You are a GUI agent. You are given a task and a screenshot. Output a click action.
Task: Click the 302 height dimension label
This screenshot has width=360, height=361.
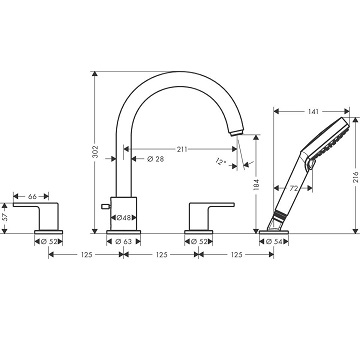pyautogui.click(x=95, y=152)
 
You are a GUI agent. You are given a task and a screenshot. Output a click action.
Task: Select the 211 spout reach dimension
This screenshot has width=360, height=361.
pyautogui.click(x=182, y=149)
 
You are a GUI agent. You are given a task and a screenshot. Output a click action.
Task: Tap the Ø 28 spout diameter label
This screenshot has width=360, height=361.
pyautogui.click(x=156, y=159)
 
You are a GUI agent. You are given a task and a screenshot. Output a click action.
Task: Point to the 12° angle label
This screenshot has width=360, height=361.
pyautogui.click(x=221, y=162)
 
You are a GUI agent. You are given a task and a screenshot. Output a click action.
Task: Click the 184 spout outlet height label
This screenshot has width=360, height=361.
pyautogui.click(x=256, y=186)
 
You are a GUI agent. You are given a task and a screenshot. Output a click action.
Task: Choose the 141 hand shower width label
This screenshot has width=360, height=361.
pyautogui.click(x=313, y=112)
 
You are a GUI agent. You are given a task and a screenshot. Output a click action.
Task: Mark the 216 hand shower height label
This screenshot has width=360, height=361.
pyautogui.click(x=356, y=177)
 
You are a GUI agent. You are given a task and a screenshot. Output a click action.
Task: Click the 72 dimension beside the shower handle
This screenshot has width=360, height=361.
pyautogui.click(x=293, y=189)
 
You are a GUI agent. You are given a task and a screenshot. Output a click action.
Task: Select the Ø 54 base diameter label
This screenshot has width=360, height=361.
pyautogui.click(x=274, y=242)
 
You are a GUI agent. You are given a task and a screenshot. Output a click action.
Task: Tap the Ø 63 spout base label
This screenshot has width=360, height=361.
pyautogui.click(x=124, y=242)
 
